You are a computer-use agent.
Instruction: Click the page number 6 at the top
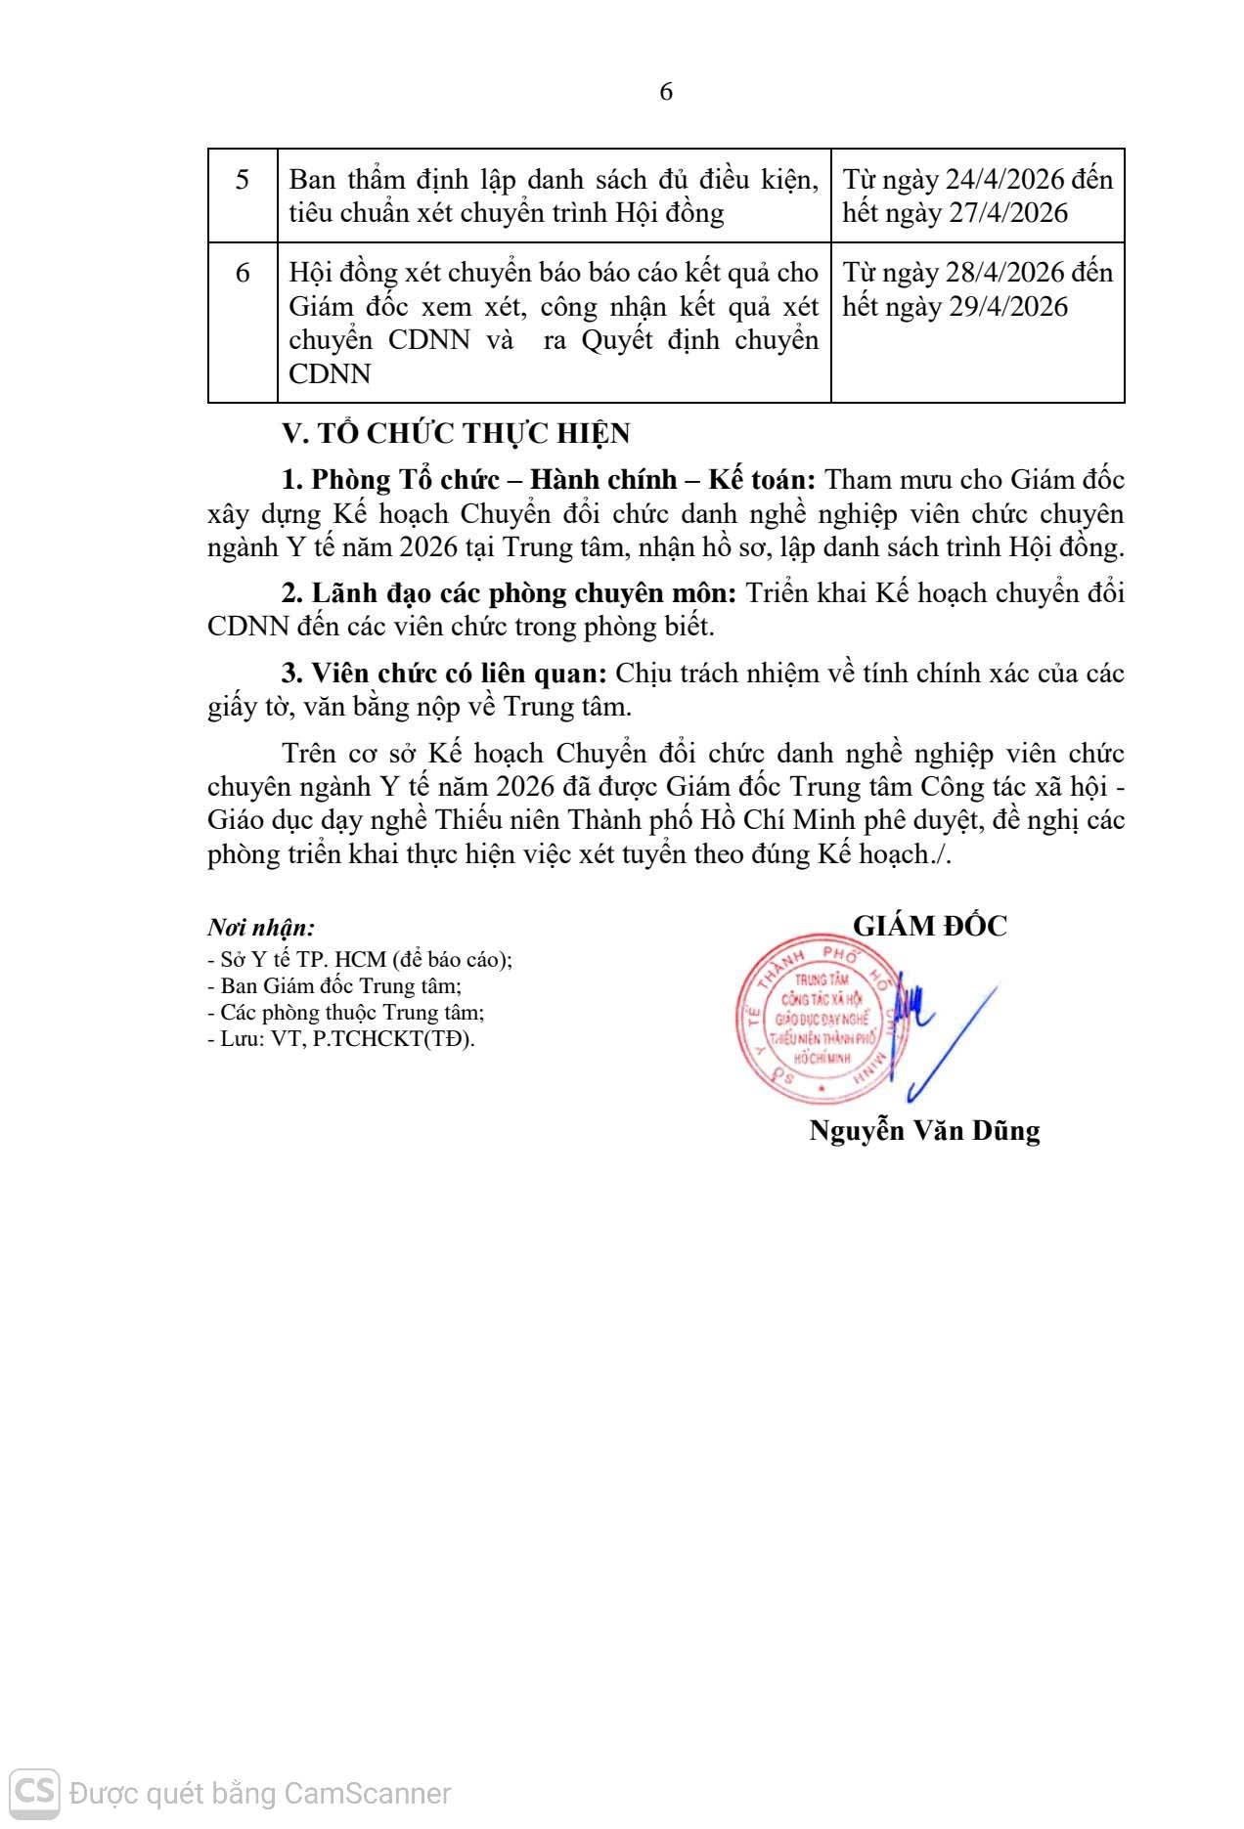666,92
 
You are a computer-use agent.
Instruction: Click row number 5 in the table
243,180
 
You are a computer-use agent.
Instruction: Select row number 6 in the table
243,273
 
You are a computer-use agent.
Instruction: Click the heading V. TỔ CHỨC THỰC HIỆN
456,433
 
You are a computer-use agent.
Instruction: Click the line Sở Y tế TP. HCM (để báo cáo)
360,959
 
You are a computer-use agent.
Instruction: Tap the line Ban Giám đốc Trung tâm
334,985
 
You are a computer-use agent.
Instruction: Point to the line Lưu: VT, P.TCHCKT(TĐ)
340,1038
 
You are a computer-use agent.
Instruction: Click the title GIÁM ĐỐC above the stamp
930,926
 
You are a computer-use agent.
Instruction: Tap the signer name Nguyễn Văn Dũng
924,1131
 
